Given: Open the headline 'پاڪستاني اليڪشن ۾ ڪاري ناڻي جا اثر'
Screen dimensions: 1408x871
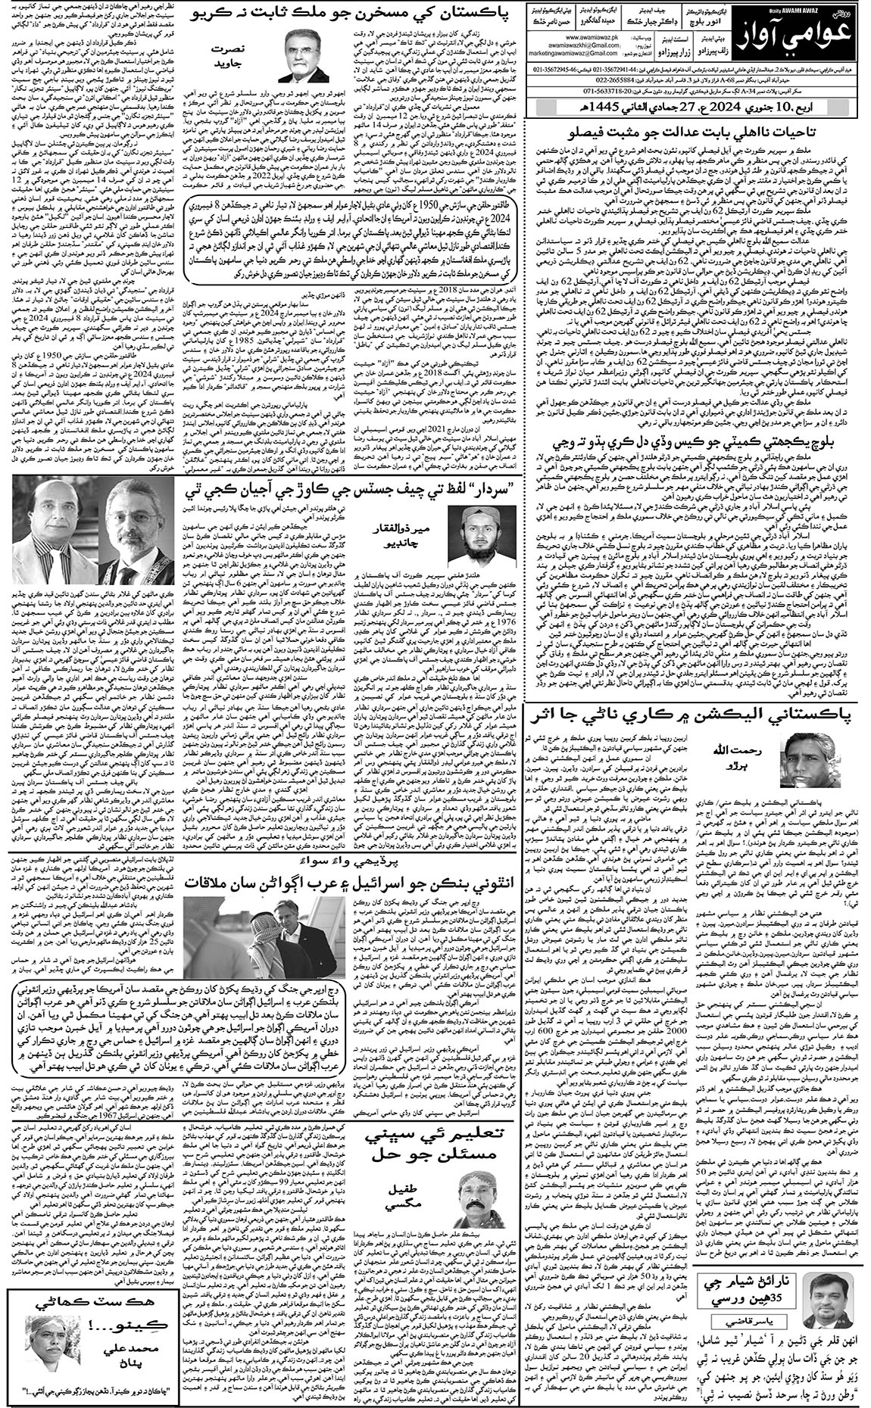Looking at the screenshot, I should tap(698, 735).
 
